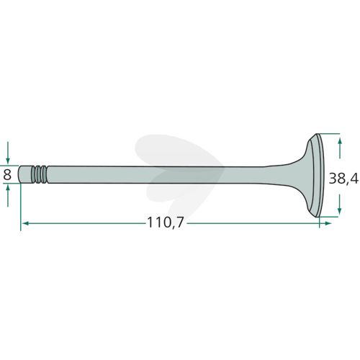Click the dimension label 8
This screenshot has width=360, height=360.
point(7,175)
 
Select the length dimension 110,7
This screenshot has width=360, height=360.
point(165,222)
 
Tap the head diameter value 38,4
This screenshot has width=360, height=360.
point(343,179)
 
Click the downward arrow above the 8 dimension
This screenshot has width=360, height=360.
point(8,152)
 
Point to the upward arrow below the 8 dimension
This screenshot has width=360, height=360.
point(8,196)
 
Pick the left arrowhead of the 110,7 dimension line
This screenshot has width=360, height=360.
point(25,223)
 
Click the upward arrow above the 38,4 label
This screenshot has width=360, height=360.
point(340,148)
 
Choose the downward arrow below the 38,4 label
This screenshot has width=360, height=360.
point(339,204)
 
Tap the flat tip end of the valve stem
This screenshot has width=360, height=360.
point(19,175)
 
